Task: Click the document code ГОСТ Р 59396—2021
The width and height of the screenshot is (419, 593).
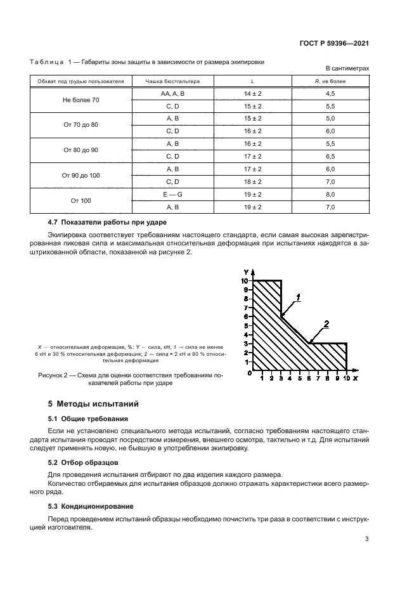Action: point(334,44)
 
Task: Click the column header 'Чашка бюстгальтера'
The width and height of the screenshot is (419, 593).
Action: point(172,81)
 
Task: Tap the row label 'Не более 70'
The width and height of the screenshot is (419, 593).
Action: point(81,100)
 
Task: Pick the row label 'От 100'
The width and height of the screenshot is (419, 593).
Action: point(81,200)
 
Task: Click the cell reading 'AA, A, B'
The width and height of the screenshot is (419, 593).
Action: point(172,93)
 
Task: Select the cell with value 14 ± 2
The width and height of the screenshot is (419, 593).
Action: point(252,93)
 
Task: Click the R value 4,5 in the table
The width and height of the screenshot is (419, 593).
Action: point(330,93)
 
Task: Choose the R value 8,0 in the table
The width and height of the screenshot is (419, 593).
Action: point(330,194)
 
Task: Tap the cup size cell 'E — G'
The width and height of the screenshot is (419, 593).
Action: point(172,194)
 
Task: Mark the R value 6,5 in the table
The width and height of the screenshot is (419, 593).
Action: point(330,156)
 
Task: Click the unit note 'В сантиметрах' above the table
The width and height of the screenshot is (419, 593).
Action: point(347,68)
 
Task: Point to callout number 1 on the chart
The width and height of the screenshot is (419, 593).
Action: point(298,297)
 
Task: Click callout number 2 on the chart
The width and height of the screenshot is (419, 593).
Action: point(326,324)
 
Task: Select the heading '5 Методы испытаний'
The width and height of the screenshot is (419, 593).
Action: point(94,403)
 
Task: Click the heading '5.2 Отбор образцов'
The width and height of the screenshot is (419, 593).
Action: point(83,463)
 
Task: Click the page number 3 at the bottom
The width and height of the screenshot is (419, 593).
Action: point(367,540)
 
